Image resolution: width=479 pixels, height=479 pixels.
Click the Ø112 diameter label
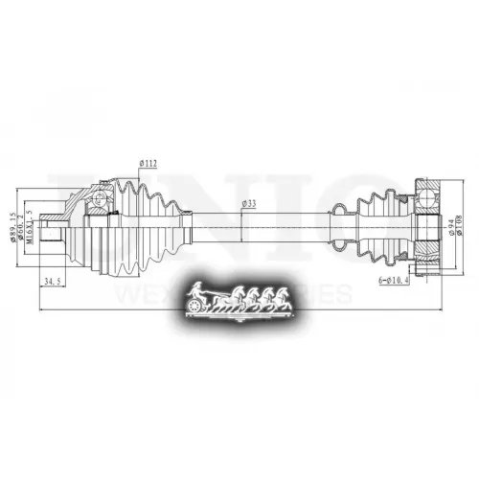click(148, 163)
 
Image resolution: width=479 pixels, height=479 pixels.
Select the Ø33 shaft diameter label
click(247, 203)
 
